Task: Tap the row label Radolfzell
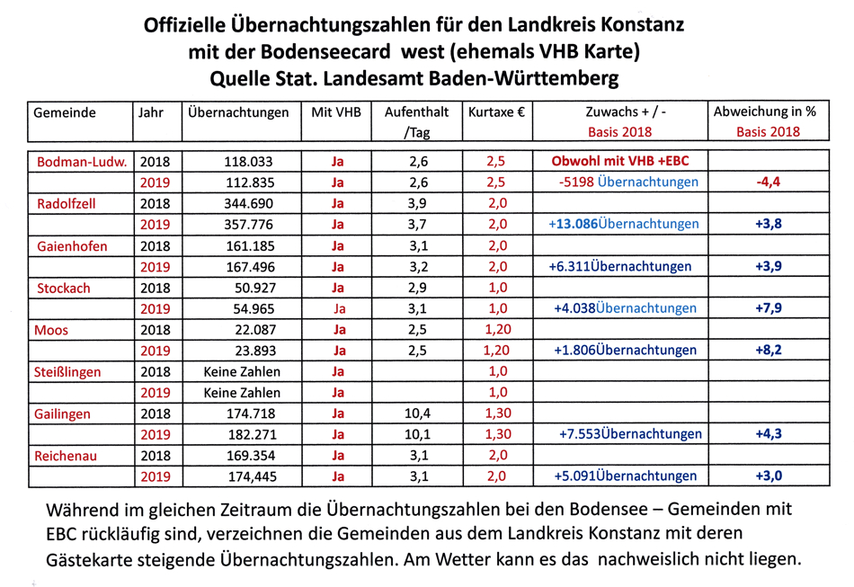click(67, 203)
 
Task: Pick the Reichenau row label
click(66, 456)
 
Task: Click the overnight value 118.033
click(246, 162)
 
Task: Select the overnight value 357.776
click(246, 224)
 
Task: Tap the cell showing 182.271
click(246, 434)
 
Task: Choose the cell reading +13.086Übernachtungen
click(624, 224)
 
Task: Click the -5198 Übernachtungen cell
click(627, 182)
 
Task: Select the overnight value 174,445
click(246, 476)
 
